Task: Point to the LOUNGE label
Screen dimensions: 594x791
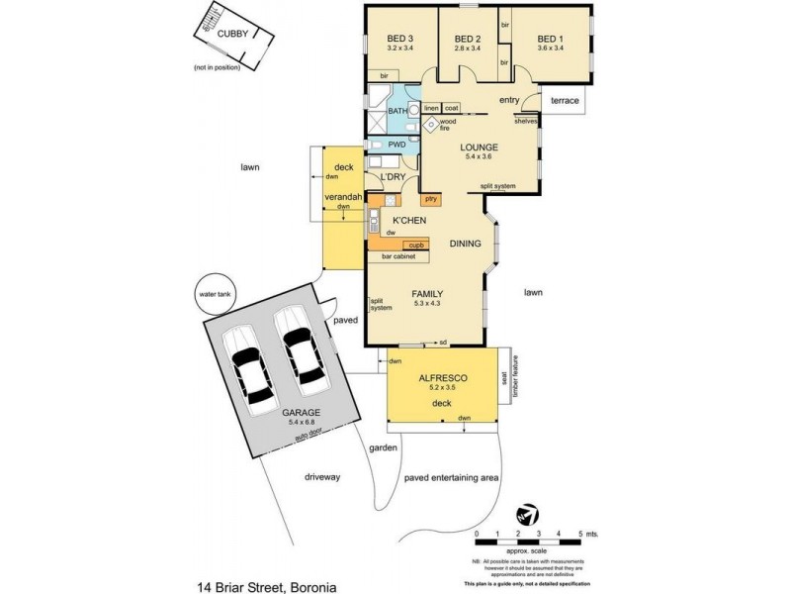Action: [479, 148]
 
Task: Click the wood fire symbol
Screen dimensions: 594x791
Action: [431, 124]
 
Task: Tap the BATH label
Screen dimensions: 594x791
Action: [398, 112]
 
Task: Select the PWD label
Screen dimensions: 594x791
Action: [397, 145]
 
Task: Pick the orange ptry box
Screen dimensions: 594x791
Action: [432, 199]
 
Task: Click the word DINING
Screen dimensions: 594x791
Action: [465, 244]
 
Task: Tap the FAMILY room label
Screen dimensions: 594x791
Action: [426, 294]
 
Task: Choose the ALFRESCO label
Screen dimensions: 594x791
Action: [442, 378]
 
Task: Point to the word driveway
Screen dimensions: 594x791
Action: [322, 477]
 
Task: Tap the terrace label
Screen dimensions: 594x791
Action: [564, 100]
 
